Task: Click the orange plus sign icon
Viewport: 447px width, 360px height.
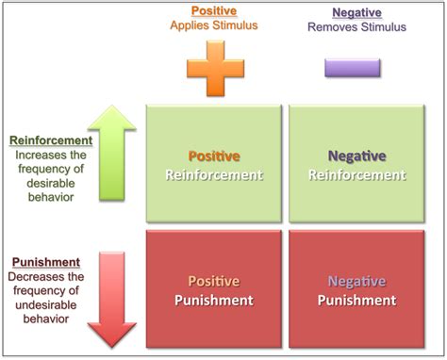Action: point(212,68)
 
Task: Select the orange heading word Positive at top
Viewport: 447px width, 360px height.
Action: point(212,11)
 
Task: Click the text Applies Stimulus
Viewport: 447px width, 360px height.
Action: point(212,27)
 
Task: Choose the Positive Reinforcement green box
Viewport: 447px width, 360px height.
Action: point(213,165)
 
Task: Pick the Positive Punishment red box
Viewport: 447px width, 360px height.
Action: point(213,289)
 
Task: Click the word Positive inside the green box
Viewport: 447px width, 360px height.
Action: point(213,155)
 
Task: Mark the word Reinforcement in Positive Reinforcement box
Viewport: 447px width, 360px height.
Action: point(213,174)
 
